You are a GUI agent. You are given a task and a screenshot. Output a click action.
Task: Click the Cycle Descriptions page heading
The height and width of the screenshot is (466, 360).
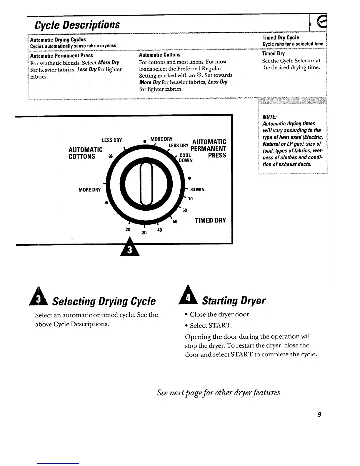(77, 24)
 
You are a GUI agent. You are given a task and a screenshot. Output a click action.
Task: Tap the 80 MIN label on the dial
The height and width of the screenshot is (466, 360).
(197, 189)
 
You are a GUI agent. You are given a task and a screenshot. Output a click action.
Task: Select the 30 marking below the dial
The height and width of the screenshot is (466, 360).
(144, 232)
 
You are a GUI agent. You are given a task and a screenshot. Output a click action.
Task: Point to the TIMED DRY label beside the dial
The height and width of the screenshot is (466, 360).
(211, 220)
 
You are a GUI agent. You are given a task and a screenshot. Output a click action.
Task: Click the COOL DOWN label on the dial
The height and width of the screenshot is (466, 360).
(186, 158)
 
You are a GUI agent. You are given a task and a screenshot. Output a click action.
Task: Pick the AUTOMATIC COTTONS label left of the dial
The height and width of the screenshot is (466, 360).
(86, 153)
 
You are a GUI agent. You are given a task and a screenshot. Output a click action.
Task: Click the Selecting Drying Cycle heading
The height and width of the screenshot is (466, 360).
(104, 301)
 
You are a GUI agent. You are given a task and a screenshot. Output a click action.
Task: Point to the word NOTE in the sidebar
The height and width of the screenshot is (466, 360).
(268, 117)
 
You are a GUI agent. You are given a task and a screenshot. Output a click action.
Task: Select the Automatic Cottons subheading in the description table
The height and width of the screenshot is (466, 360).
(160, 55)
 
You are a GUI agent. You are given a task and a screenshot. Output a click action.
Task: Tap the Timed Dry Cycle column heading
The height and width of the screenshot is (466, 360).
(281, 38)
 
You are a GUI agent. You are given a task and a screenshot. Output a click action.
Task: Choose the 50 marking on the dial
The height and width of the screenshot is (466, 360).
(175, 222)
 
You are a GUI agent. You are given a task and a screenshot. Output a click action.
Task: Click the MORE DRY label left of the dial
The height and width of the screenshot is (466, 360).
(90, 190)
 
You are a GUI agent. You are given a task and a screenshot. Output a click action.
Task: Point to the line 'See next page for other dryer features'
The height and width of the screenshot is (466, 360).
(219, 392)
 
